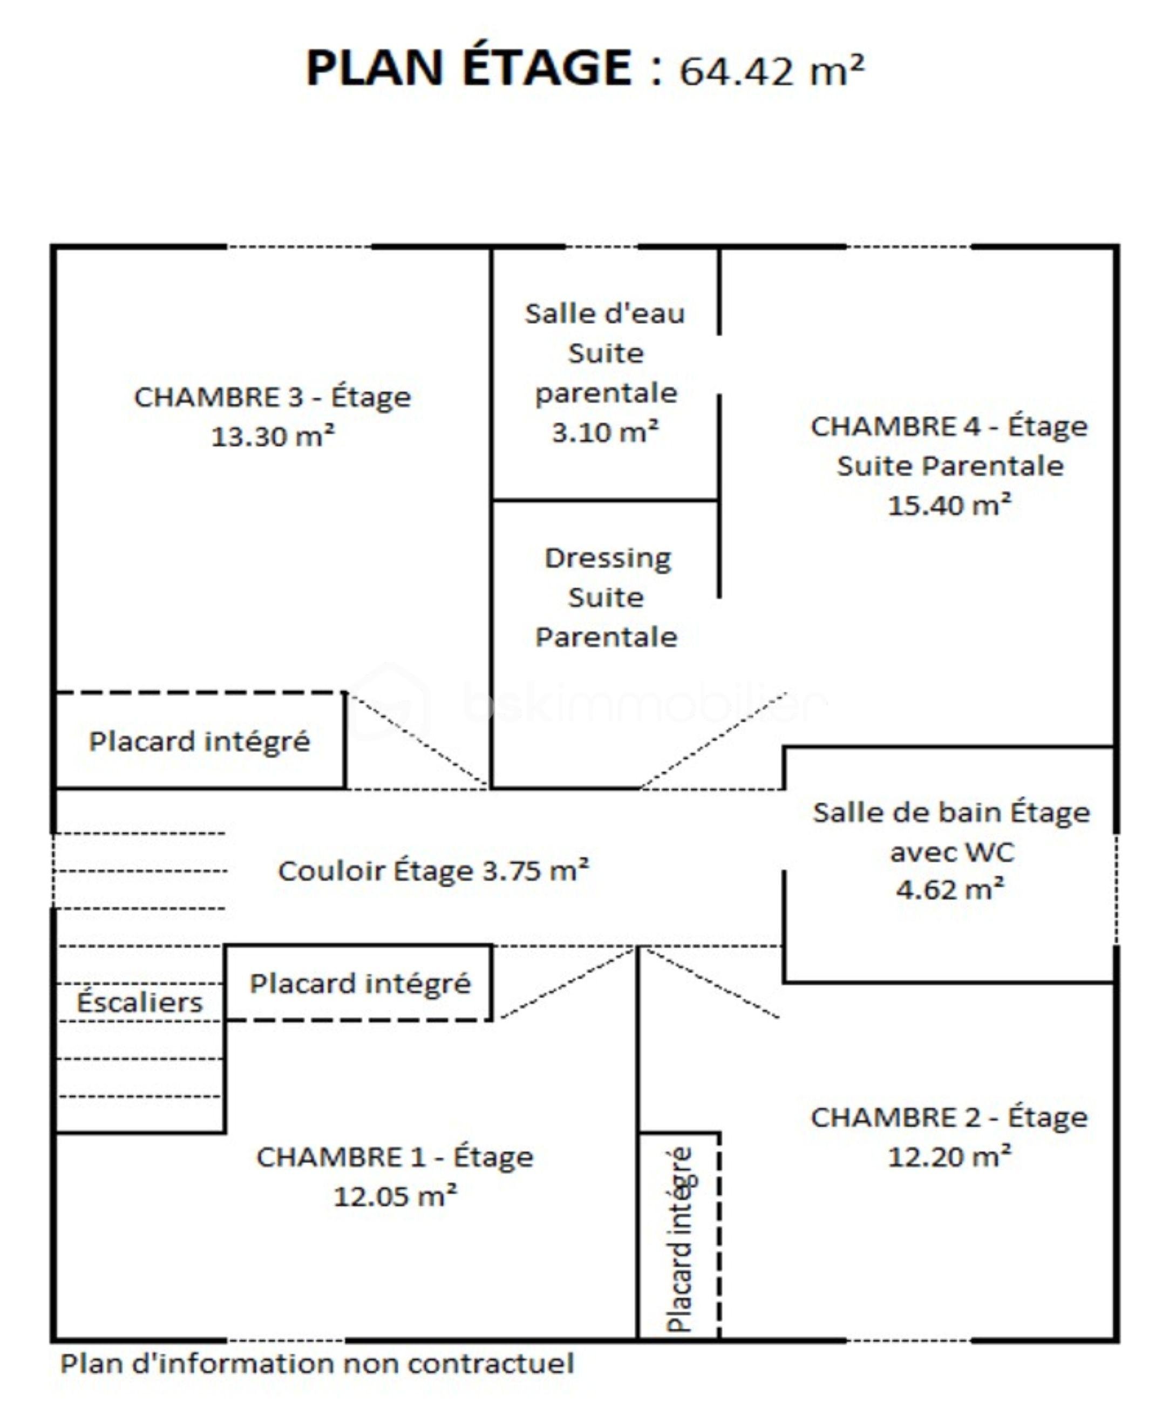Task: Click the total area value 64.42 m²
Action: tap(772, 70)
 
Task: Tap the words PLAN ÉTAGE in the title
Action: tap(468, 67)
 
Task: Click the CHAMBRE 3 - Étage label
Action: tap(273, 398)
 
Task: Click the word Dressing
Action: tap(607, 558)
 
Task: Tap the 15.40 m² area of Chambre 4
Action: tap(949, 505)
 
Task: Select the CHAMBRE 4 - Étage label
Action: tap(949, 426)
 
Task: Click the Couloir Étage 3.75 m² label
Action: tap(433, 870)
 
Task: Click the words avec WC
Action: tap(951, 852)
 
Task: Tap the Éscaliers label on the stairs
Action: tap(139, 1002)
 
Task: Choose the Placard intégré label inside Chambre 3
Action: tap(199, 741)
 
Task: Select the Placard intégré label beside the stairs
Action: tap(360, 983)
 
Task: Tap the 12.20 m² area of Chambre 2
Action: tap(949, 1156)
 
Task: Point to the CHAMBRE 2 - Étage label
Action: tap(949, 1117)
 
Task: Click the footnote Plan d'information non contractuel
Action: tap(317, 1364)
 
